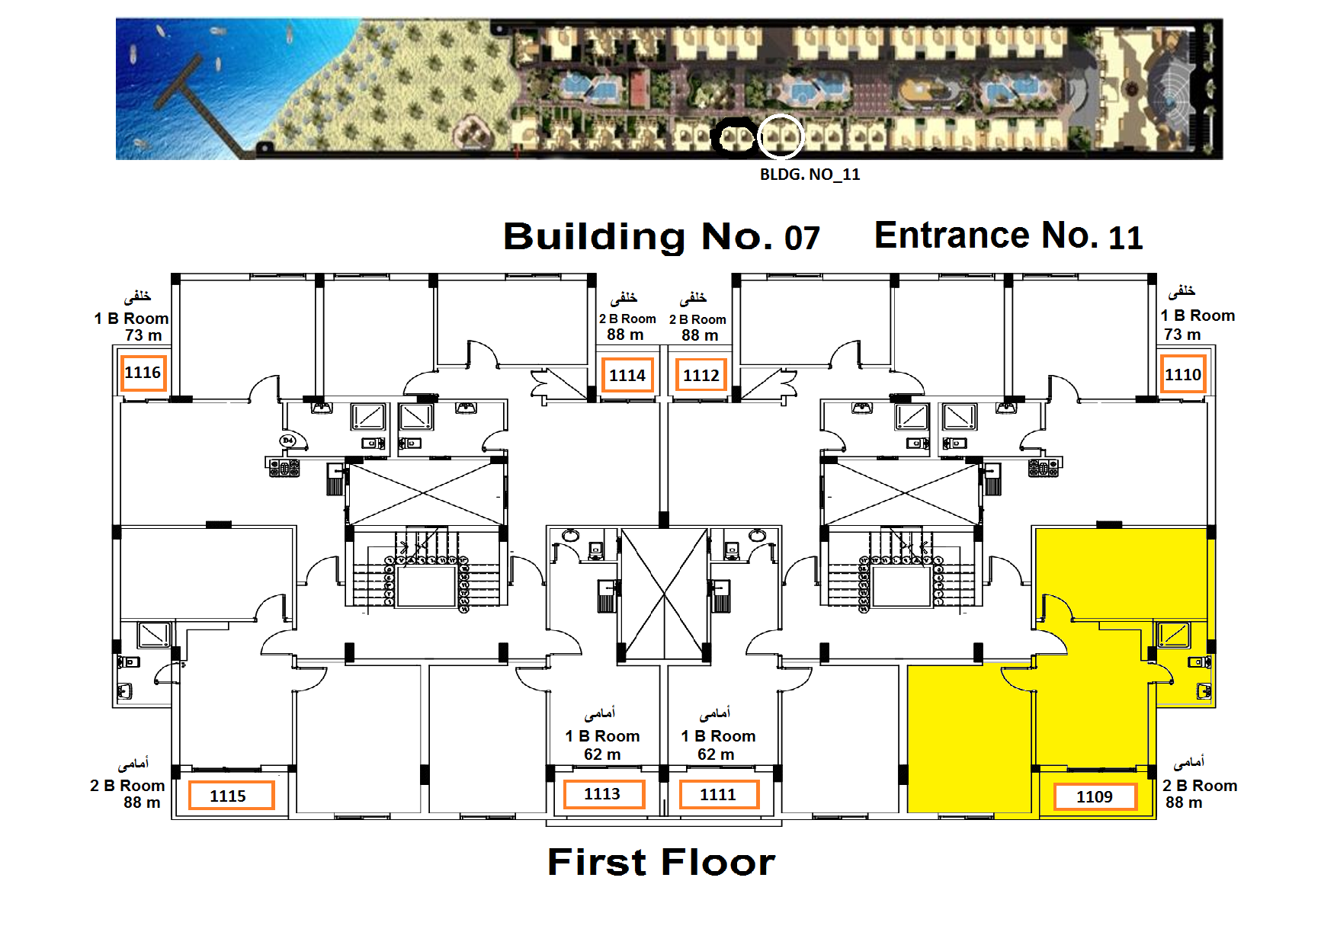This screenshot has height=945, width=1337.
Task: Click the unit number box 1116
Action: (x=143, y=373)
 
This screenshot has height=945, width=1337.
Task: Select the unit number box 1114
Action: (x=627, y=375)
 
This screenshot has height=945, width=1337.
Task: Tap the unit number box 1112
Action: (x=701, y=375)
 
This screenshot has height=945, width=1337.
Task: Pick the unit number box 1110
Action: (x=1183, y=374)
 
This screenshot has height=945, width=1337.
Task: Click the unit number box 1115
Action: (x=231, y=796)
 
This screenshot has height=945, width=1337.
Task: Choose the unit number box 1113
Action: (x=604, y=794)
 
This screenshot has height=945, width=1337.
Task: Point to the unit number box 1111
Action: (x=719, y=794)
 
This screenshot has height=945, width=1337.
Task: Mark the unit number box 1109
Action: (x=1095, y=796)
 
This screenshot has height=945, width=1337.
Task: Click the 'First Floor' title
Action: (x=662, y=862)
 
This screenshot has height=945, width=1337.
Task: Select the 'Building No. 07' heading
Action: (x=662, y=237)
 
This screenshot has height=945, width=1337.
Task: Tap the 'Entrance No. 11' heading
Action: (x=1008, y=235)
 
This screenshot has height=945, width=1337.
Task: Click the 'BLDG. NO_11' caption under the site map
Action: (x=810, y=175)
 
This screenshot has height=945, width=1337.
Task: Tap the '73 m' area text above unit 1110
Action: (x=1182, y=335)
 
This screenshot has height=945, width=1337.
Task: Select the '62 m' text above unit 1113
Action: (x=602, y=754)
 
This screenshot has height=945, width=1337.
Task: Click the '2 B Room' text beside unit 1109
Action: (x=1200, y=786)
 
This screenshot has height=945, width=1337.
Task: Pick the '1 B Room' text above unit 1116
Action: (x=131, y=319)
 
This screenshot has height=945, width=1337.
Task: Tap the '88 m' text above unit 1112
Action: (x=700, y=335)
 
